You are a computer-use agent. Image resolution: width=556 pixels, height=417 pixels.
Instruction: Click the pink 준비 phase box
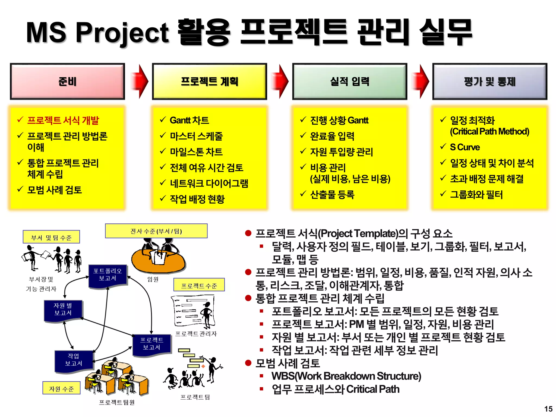point(67,81)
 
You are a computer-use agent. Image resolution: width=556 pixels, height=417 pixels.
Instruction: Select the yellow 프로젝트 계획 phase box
point(209,81)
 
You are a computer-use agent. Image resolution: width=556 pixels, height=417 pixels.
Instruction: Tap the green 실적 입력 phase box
point(350,81)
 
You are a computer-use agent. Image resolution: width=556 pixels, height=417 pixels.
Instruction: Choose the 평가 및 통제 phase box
point(489,81)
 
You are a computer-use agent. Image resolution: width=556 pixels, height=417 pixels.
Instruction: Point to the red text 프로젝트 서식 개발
point(63,120)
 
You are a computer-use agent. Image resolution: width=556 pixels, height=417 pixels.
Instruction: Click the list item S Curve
point(465,147)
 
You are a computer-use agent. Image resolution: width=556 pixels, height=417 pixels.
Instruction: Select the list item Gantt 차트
point(189,120)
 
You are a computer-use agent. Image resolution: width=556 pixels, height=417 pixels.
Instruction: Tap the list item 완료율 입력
point(332,136)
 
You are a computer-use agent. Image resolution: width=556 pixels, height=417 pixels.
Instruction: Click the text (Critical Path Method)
point(489,132)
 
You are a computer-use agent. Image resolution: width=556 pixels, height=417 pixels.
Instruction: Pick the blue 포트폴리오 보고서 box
point(108,275)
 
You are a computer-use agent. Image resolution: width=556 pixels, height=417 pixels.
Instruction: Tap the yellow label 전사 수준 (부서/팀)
point(156,231)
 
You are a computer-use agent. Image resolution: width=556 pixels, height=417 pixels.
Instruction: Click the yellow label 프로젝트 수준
point(199,285)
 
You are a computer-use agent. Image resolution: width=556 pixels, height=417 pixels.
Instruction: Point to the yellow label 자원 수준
point(61,388)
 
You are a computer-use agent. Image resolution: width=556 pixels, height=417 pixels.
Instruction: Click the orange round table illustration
point(158,262)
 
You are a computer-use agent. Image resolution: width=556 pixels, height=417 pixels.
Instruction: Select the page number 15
point(548,409)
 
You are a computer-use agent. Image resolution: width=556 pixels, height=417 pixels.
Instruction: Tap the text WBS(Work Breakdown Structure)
point(346,376)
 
